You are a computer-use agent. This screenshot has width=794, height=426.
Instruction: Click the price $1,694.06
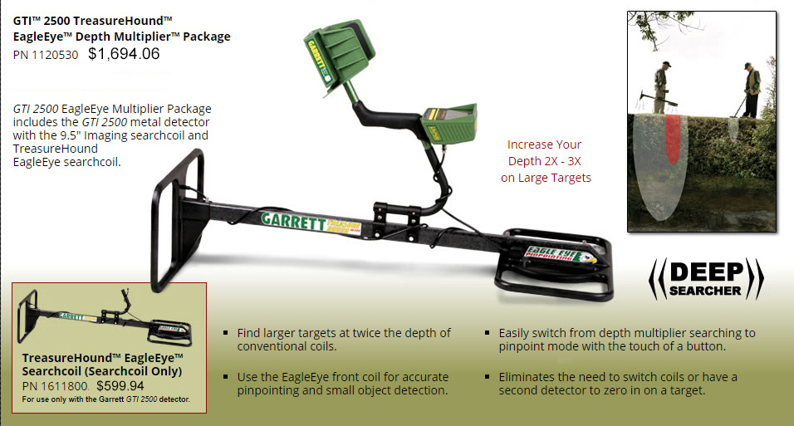tap(124, 55)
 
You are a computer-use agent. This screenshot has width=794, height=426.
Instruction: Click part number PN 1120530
tap(47, 56)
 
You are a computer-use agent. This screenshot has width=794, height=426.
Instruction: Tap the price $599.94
tap(120, 385)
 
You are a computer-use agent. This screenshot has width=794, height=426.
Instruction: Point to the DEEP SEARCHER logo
tap(705, 279)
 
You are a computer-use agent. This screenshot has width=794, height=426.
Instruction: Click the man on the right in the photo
tap(751, 90)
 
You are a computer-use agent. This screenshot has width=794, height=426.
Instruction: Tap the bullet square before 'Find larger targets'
tap(226, 333)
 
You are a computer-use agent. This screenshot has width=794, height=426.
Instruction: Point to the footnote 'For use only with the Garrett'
tap(106, 399)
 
